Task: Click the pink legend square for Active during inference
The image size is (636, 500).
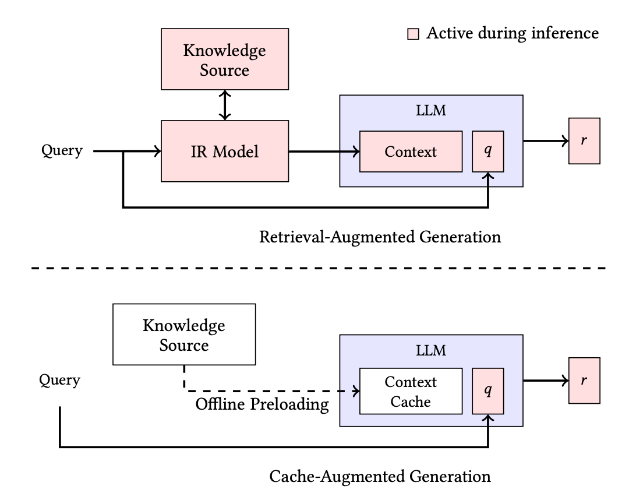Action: pos(413,34)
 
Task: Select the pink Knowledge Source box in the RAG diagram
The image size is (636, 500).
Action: pos(225,59)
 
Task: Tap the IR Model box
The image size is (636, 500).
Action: pos(225,151)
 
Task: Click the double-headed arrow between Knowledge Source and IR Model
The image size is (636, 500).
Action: pos(225,105)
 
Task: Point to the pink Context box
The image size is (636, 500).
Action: pos(411,152)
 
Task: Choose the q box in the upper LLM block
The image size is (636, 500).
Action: pos(488,152)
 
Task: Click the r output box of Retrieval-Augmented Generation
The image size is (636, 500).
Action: pos(584,141)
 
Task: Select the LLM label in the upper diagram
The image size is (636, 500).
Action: pos(431,110)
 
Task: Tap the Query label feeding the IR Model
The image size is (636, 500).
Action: pos(62,151)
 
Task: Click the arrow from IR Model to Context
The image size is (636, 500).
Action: pos(324,152)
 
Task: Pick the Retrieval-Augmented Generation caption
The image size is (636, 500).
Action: pos(380,237)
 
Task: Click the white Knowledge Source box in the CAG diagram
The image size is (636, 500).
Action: pos(184,334)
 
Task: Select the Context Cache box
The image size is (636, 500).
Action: pos(411,391)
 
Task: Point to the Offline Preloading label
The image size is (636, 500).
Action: pos(262,404)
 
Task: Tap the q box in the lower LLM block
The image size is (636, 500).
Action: pos(488,391)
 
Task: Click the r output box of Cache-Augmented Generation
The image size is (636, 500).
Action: pos(584,381)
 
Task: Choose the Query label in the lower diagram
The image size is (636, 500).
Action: pos(59,381)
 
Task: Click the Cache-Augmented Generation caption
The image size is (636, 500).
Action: pos(380,477)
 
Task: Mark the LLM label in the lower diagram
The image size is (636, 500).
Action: pos(431,350)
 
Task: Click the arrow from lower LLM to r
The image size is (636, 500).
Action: pos(546,381)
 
